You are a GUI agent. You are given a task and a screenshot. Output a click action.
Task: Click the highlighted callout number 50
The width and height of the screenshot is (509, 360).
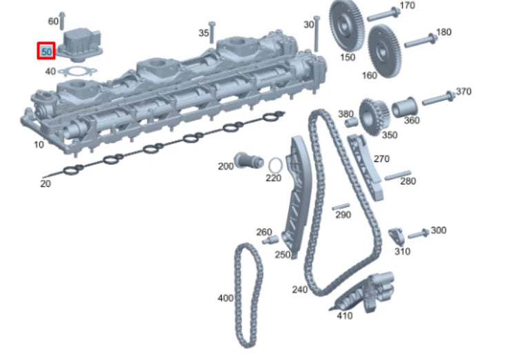[x=46, y=51]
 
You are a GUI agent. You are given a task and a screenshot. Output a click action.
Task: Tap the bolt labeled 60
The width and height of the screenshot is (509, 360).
[x=62, y=21]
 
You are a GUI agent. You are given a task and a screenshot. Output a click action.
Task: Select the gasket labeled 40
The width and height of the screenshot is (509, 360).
[x=77, y=71]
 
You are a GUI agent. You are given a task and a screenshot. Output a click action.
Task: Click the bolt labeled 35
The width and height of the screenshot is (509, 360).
[x=212, y=32]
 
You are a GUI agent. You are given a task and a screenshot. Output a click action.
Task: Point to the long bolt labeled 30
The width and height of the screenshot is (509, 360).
[x=317, y=34]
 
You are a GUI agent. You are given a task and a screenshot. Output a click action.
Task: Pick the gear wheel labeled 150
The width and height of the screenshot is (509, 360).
[x=343, y=26]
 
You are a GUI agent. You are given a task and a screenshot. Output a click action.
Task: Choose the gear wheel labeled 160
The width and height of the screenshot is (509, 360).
[x=385, y=50]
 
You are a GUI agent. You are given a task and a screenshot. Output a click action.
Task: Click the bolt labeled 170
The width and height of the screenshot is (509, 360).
[x=383, y=14]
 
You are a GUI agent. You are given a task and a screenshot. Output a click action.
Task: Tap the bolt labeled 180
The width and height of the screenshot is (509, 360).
[x=421, y=41]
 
